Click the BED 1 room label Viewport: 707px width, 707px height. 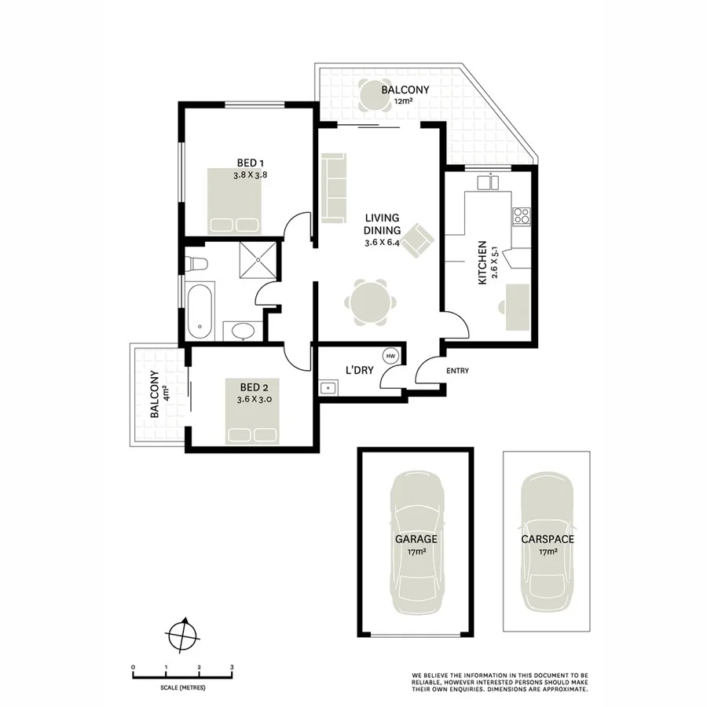click(251, 163)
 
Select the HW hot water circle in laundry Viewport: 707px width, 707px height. click(390, 356)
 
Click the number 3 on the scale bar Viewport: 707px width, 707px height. click(232, 667)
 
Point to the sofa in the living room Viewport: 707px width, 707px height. click(333, 187)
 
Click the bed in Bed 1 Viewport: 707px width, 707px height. click(234, 200)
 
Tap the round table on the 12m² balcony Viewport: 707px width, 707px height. click(370, 97)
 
